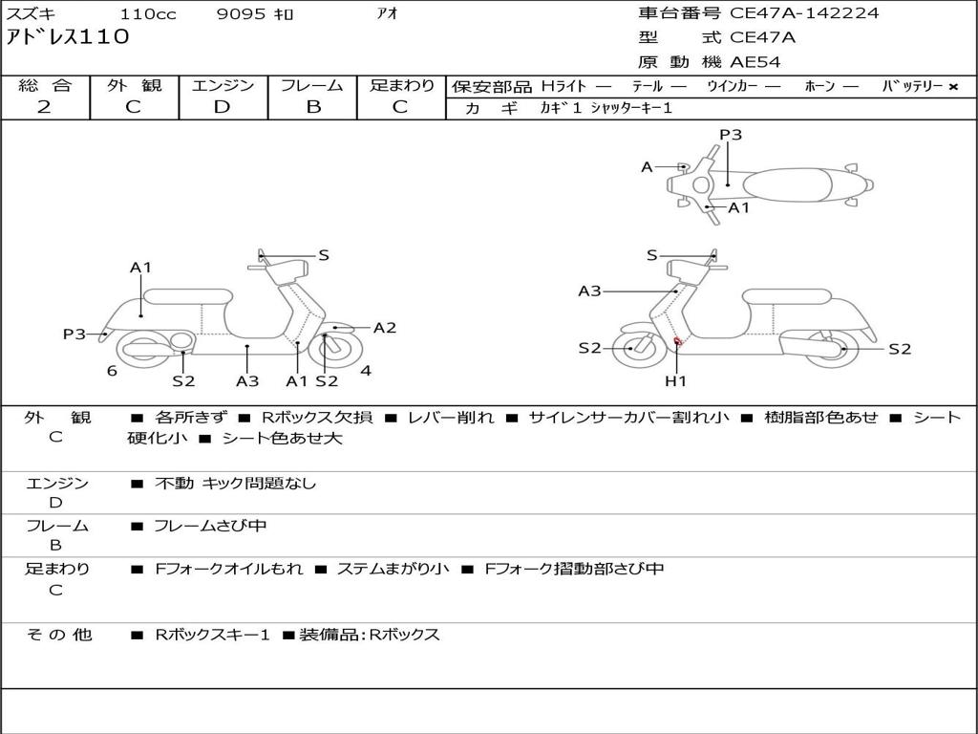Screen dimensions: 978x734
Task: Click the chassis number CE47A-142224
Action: click(x=804, y=13)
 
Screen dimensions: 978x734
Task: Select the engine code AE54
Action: click(x=755, y=62)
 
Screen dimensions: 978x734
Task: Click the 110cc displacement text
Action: click(x=147, y=14)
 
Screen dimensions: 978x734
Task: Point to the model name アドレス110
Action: click(x=68, y=37)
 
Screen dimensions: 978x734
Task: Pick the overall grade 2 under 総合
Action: click(x=44, y=107)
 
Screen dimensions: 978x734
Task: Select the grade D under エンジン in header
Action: click(x=222, y=107)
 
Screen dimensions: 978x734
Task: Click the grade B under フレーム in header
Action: click(x=312, y=107)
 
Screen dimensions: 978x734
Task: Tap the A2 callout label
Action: click(x=385, y=328)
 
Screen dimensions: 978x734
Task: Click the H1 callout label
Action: click(x=676, y=381)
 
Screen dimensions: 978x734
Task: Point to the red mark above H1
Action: click(x=677, y=341)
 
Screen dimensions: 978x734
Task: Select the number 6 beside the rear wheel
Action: click(x=112, y=371)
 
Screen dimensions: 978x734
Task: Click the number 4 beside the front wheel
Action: click(x=366, y=371)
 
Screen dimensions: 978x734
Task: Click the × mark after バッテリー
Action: click(x=953, y=87)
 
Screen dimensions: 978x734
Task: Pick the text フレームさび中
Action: click(x=210, y=526)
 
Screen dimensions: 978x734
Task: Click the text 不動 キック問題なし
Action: click(x=235, y=484)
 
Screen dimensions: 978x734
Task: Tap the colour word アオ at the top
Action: click(x=387, y=14)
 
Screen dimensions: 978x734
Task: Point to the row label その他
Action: click(x=59, y=635)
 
